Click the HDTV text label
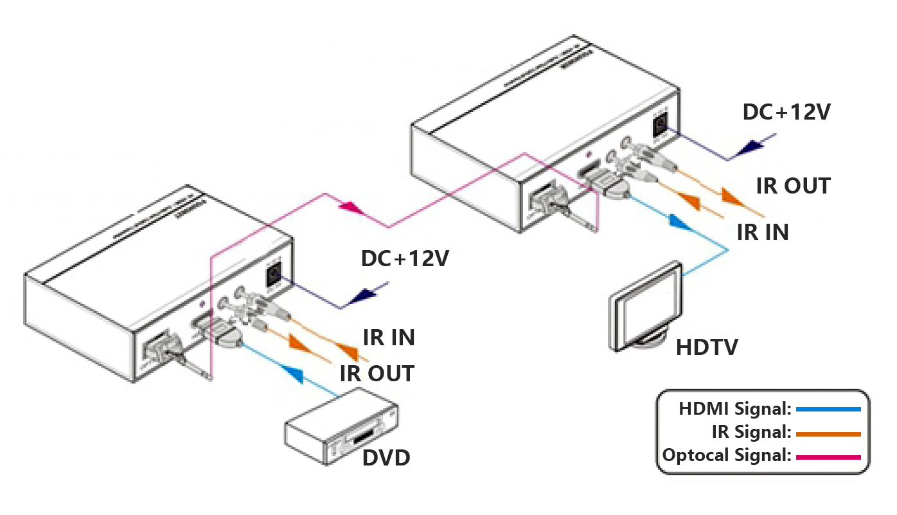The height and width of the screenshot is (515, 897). point(707,348)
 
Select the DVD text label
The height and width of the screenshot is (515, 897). point(386,458)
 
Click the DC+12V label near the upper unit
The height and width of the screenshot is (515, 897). point(786,113)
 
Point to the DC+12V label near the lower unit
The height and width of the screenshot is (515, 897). point(405,258)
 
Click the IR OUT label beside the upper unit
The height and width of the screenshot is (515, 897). point(793,186)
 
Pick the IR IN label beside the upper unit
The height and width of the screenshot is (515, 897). point(763,232)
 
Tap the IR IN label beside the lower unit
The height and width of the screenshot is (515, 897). point(389,338)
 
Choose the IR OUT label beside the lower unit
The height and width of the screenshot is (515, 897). point(377,374)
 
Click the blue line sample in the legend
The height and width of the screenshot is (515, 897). point(828,408)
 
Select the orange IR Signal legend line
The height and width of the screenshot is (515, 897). point(828,434)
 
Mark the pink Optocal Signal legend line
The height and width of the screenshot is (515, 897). point(828,457)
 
